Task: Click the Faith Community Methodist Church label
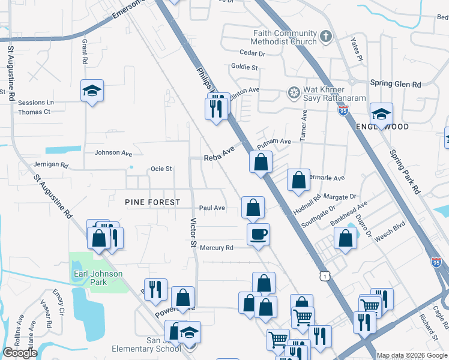pos(285,38)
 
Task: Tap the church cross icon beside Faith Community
pos(326,37)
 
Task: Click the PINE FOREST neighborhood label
pos(152,202)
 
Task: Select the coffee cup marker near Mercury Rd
pos(259,234)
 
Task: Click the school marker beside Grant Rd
pos(92,91)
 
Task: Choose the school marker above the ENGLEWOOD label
pos(381,113)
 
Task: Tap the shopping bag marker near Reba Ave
pos(261,161)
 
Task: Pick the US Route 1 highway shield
pos(325,275)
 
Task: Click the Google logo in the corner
pos(20,353)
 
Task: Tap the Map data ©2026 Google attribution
pos(411,355)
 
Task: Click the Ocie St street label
pos(161,169)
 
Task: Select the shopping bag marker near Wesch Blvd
pos(345,239)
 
